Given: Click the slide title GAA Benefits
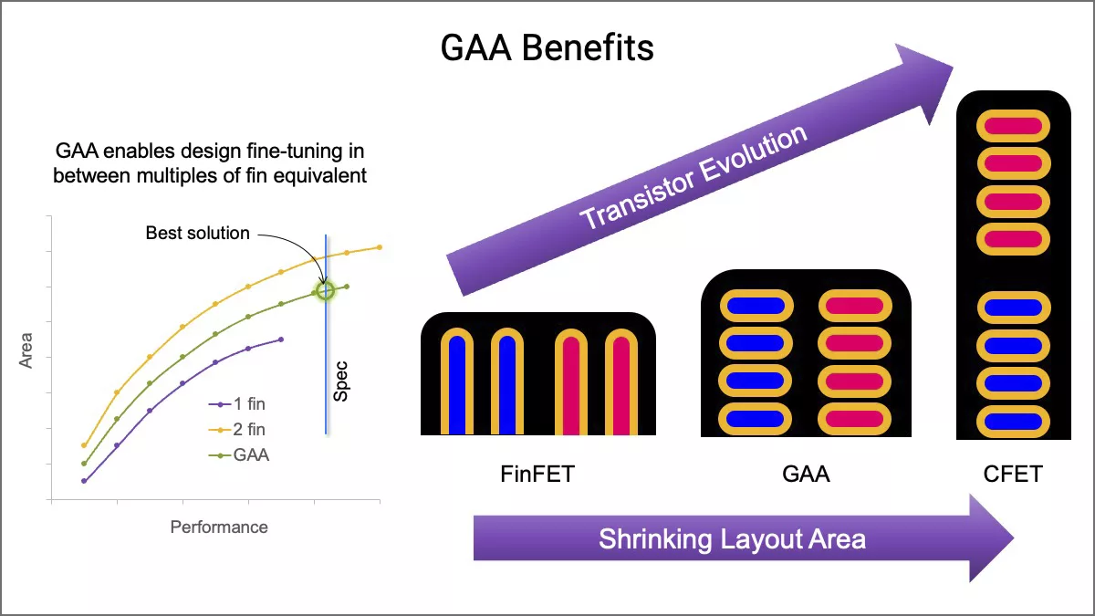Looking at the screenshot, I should (x=547, y=47).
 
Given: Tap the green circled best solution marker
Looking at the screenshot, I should (x=325, y=290).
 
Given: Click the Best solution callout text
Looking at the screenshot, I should (x=197, y=234).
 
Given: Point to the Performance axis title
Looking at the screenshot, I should (x=219, y=527).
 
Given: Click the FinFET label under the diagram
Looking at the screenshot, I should (x=537, y=474).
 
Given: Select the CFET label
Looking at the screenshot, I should (x=1013, y=474).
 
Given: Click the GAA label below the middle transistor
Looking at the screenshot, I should (x=806, y=474).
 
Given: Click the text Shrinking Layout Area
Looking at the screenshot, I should (x=732, y=538).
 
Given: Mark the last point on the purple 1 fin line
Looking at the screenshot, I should (x=281, y=339).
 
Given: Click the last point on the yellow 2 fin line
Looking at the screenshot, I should (x=380, y=247).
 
